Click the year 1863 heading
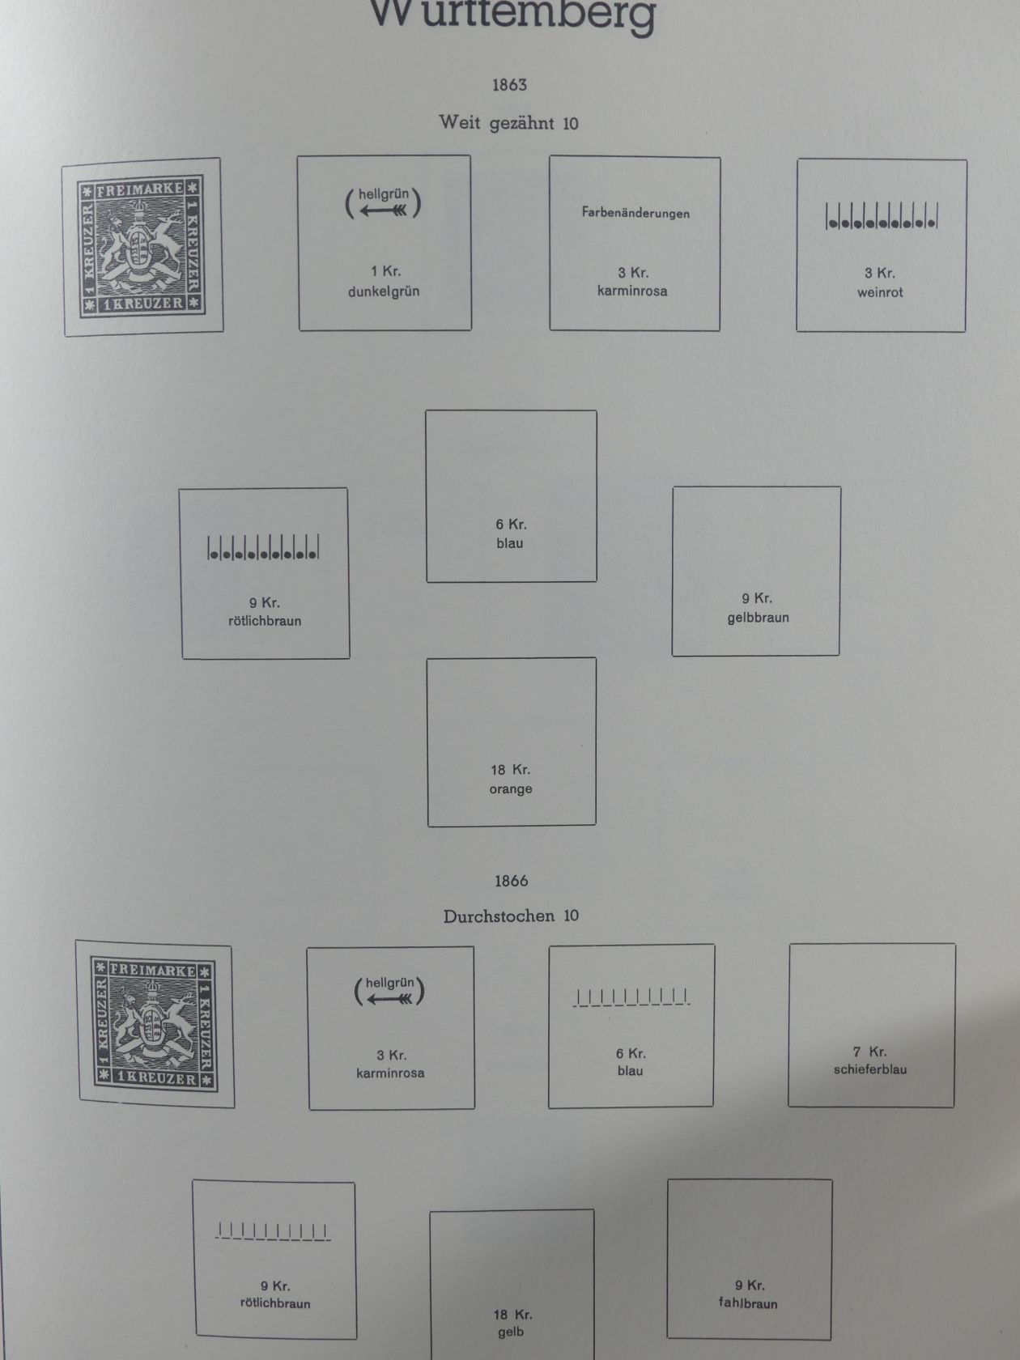(x=509, y=85)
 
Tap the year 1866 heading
(x=511, y=881)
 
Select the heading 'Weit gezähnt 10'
(x=508, y=123)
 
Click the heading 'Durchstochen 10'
(x=511, y=916)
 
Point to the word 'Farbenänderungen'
(x=635, y=213)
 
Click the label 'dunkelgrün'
(x=384, y=291)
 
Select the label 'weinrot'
(x=880, y=292)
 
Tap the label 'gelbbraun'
(x=758, y=618)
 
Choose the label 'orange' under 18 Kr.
(x=511, y=789)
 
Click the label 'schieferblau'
(x=870, y=1069)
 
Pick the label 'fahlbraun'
(x=748, y=1303)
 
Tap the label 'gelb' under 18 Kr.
(x=511, y=1332)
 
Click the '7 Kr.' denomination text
(x=870, y=1052)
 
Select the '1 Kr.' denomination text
(x=385, y=271)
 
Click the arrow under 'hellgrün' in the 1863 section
(x=384, y=211)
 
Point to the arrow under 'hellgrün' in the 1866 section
(x=389, y=999)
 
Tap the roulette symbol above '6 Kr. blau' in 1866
(x=631, y=997)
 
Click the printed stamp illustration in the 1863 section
(x=142, y=247)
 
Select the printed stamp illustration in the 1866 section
(x=155, y=1024)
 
